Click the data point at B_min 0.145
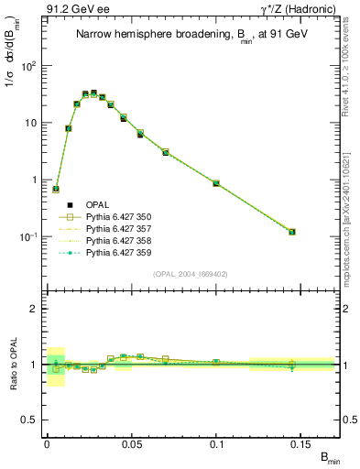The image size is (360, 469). (x=292, y=232)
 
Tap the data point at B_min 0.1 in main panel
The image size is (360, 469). (x=216, y=183)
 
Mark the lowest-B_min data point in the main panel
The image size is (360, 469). (x=56, y=190)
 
